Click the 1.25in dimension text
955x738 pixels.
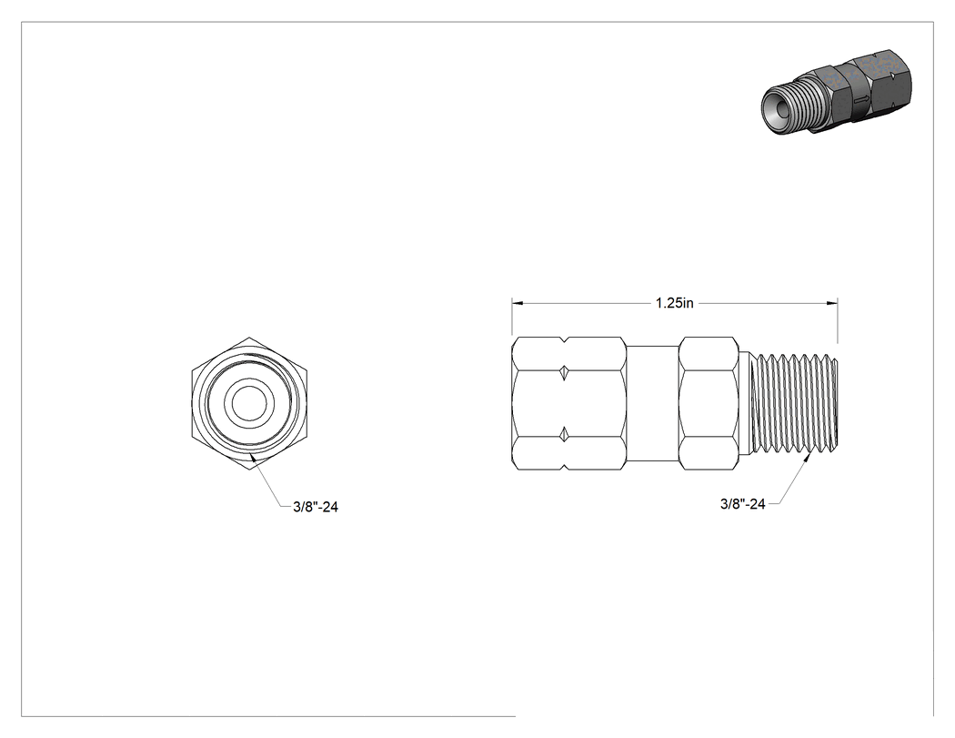tap(674, 303)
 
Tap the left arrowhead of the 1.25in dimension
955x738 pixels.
tap(518, 302)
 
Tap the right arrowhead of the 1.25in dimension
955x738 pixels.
tap(832, 302)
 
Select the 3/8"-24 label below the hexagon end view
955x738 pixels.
tap(316, 507)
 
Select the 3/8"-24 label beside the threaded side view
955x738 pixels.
tap(742, 504)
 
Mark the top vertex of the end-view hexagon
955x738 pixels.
tap(249, 337)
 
